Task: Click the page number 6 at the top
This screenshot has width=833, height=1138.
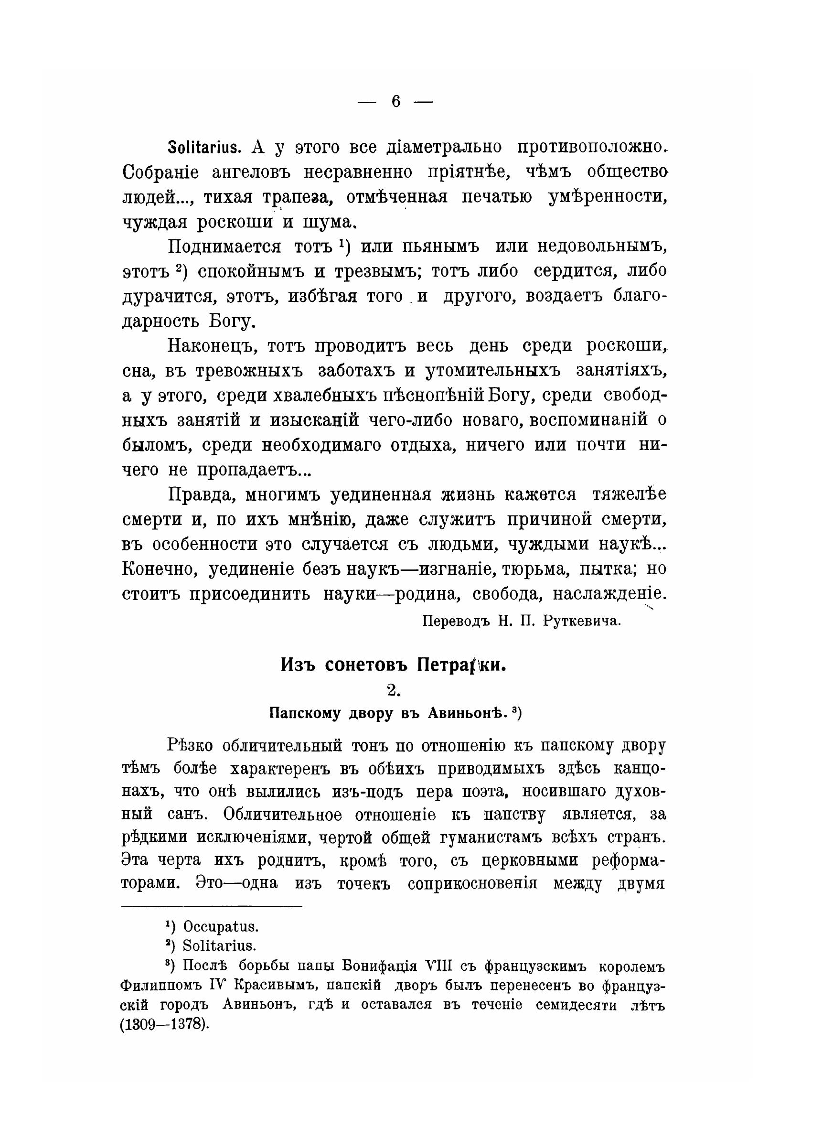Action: click(395, 102)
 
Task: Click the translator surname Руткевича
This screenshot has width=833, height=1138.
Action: click(581, 621)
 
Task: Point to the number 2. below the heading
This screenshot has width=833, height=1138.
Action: click(394, 690)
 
